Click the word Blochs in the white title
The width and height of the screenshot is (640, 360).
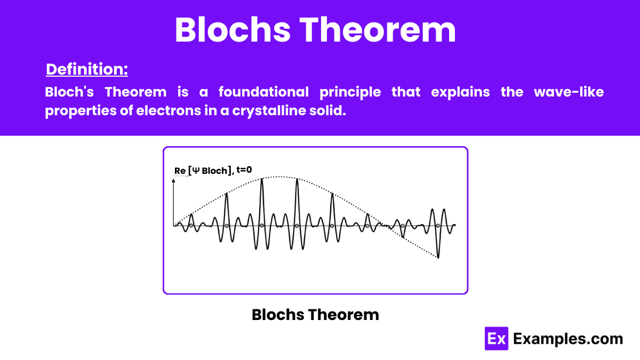[x=233, y=30]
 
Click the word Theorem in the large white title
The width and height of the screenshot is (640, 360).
[x=378, y=30]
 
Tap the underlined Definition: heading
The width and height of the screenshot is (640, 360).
[x=87, y=69]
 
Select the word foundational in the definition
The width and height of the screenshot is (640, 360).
[x=263, y=92]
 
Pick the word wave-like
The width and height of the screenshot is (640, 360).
[x=569, y=92]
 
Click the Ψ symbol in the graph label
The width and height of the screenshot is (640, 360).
[x=196, y=171]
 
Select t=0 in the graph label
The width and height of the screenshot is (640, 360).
[x=244, y=170]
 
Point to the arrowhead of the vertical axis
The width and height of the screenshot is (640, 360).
[x=173, y=181]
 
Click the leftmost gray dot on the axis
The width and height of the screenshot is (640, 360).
[x=191, y=226]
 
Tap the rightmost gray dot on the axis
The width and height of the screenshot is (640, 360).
[x=438, y=226]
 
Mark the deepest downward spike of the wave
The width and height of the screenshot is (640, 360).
[x=438, y=258]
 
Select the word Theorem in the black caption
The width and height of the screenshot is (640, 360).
[x=343, y=315]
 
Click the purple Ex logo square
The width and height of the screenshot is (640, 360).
[x=497, y=339]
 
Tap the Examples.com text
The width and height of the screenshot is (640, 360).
[x=568, y=339]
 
